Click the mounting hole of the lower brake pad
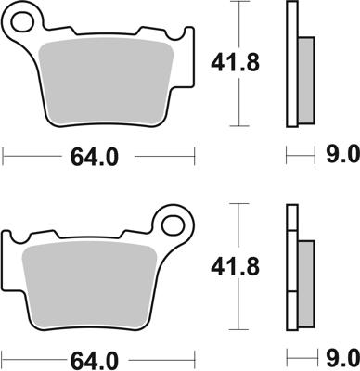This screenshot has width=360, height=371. [x=171, y=224]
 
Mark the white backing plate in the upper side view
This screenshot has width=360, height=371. [x=291, y=65]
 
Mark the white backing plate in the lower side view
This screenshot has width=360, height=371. [x=291, y=269]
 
